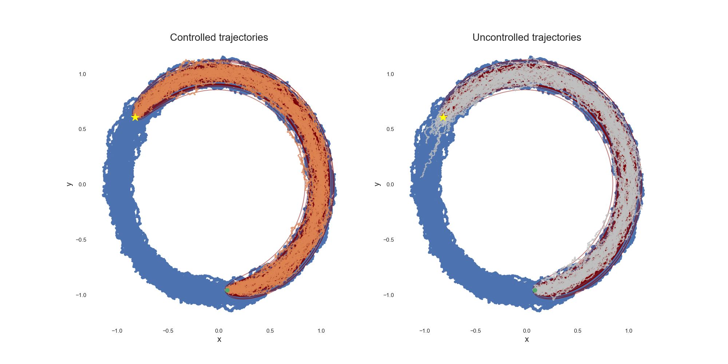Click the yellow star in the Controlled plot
135,117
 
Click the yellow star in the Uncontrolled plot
443,117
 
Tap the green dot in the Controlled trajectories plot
227,290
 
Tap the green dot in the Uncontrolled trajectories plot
535,290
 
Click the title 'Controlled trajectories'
219,37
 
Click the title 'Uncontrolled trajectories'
526,37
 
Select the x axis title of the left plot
219,340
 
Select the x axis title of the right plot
527,340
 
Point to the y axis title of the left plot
69,184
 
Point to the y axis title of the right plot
377,184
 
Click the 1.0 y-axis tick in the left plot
82,74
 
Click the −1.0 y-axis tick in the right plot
388,295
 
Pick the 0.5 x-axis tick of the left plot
270,331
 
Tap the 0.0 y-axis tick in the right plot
390,185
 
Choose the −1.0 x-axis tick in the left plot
116,331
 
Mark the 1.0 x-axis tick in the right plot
629,331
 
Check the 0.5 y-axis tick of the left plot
82,129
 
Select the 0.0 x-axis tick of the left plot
219,331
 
